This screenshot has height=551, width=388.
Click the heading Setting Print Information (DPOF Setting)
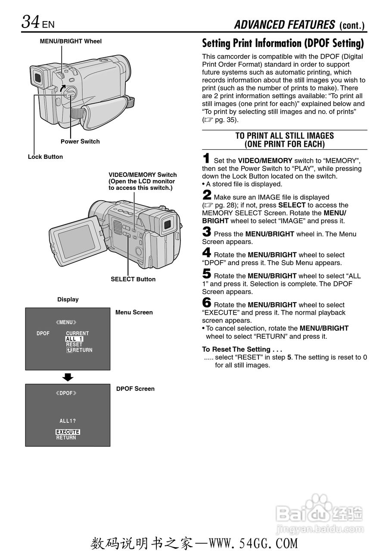tap(283, 43)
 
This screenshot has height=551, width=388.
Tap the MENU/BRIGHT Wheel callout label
tap(71, 41)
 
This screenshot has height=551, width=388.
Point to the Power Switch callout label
tap(80, 142)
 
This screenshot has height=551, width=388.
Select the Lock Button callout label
tap(45, 157)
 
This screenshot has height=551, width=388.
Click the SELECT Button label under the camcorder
tap(133, 279)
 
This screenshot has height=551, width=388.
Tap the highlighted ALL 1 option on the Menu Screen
tap(74, 339)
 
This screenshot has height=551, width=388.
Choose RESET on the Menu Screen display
tap(74, 345)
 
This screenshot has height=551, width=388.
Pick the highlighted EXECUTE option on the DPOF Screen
tap(68, 432)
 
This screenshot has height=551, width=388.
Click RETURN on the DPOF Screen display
tap(66, 438)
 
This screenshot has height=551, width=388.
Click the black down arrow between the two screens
tap(68, 378)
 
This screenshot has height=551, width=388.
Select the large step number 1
tap(207, 158)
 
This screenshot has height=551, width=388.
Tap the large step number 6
tap(207, 303)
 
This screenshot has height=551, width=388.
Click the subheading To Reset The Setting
tap(242, 349)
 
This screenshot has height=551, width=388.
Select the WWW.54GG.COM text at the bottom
tap(253, 544)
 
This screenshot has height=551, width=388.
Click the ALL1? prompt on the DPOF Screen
tap(68, 421)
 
